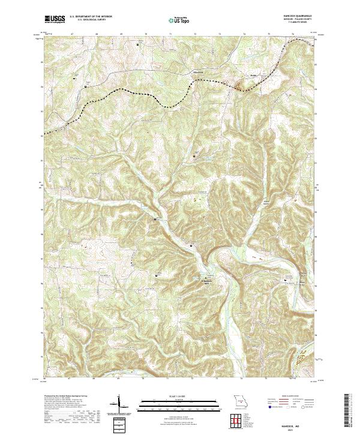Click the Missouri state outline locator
pyautogui.click(x=239, y=400)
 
